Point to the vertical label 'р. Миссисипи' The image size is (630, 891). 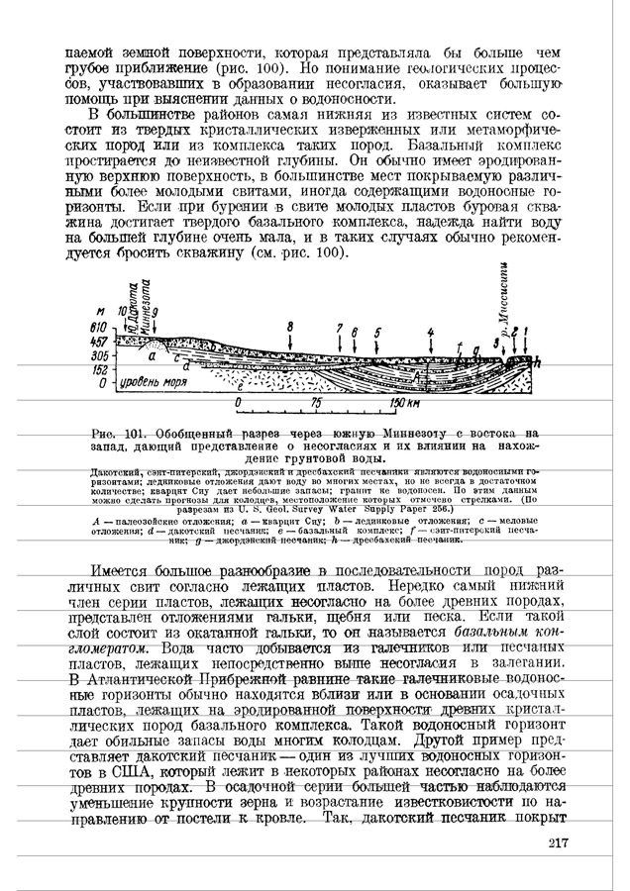506,296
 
